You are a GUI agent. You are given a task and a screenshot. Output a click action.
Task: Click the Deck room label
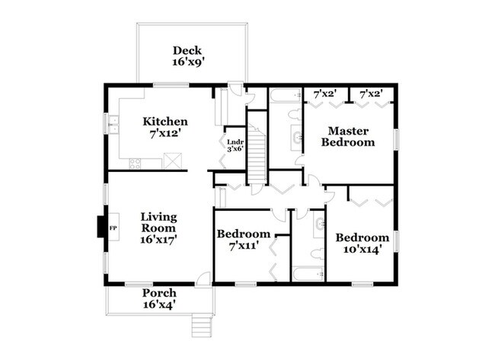186,51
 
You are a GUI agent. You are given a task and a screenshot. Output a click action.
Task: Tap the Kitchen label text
165,122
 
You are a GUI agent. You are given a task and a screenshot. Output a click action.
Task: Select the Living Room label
158,221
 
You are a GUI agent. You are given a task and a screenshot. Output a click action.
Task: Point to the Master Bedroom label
348,135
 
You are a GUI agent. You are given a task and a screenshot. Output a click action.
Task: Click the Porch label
159,293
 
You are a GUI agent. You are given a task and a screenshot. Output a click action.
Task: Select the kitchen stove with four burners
135,162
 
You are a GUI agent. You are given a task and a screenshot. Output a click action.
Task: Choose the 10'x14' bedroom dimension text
362,248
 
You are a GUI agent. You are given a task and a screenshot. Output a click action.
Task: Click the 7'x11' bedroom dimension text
243,245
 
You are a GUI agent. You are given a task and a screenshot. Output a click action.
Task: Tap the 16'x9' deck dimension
186,62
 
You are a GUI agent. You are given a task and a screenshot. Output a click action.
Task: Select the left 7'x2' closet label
326,94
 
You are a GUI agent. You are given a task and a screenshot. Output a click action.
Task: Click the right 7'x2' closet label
371,94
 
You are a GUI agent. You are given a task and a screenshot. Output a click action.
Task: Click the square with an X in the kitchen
173,160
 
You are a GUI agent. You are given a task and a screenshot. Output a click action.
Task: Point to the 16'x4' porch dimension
159,304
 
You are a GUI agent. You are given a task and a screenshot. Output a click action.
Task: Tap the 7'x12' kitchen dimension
165,133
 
